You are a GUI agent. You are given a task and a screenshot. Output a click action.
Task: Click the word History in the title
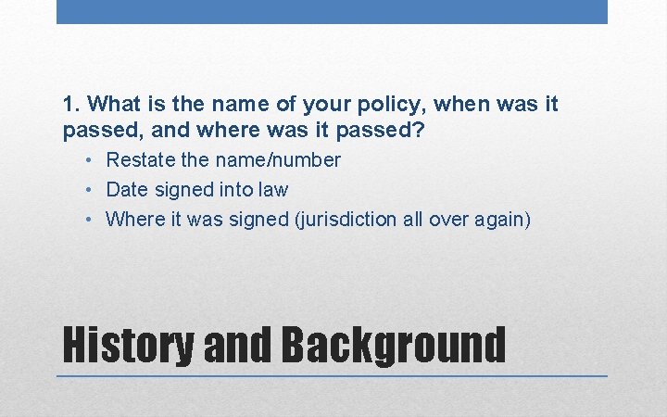128,344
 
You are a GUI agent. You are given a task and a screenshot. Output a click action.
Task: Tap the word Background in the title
393,344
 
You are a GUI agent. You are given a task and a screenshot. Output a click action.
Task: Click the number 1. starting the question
71,104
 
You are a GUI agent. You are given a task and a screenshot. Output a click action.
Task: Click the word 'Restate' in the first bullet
141,160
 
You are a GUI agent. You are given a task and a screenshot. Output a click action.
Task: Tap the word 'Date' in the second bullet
127,190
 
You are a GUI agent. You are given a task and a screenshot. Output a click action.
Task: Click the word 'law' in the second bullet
274,190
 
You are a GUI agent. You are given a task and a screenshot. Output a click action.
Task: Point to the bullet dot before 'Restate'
86,160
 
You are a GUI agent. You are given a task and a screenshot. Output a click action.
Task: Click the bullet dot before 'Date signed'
86,190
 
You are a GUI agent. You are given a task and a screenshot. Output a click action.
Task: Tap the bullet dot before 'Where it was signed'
86,220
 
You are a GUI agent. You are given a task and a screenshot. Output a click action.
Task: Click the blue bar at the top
332,11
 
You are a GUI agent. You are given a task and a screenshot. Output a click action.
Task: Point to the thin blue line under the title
332,376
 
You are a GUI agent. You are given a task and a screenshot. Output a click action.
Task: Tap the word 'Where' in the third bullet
133,220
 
